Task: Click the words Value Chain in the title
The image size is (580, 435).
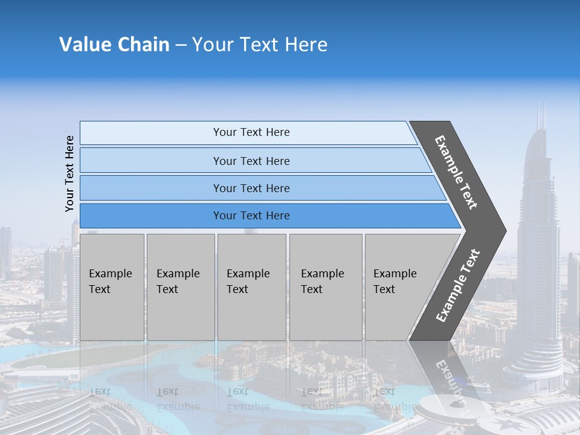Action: click(114, 45)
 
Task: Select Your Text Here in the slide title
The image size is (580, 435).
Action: click(259, 45)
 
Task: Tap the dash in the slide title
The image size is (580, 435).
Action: click(180, 45)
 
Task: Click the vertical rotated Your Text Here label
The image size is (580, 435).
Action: click(69, 173)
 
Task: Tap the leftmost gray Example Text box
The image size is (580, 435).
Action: click(112, 287)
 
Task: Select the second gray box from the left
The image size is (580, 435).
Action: click(180, 287)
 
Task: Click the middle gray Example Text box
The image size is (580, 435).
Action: click(251, 287)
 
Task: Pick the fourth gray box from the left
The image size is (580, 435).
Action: click(326, 287)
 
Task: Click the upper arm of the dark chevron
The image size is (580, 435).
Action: click(456, 172)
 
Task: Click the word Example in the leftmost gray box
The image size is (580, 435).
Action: click(110, 274)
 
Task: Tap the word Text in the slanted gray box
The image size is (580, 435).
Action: click(384, 289)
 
